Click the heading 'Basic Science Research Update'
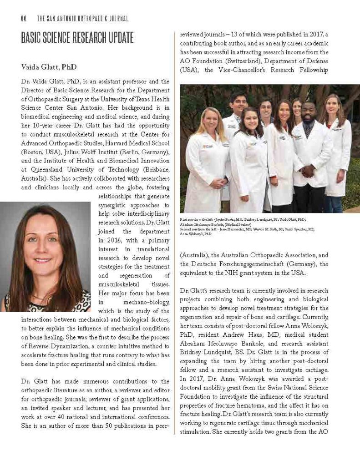point(77,37)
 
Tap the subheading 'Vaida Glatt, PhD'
point(49,67)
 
